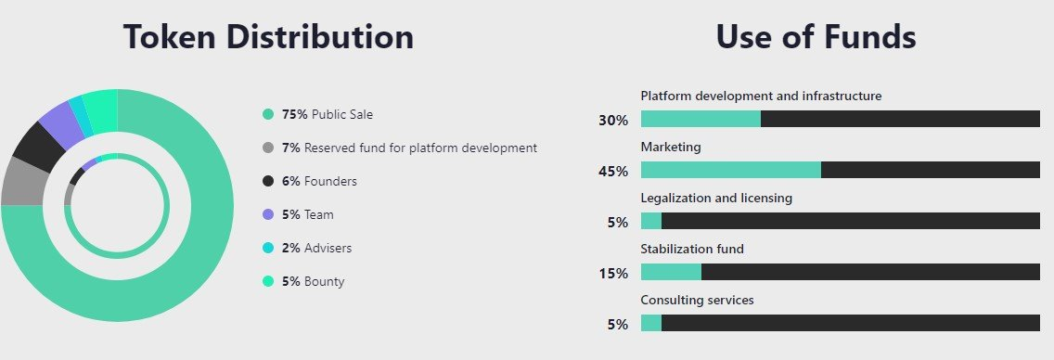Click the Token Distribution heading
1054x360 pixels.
coord(268,36)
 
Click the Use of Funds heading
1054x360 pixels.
coord(816,36)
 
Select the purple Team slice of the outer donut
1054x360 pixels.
coord(63,119)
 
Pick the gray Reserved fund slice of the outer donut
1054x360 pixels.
coord(23,181)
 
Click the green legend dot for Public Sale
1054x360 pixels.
coord(268,114)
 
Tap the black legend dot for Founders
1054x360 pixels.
coord(268,181)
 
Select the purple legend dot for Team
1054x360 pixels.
coord(268,214)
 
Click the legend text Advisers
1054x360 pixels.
coord(328,248)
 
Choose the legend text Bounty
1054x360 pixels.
coord(324,281)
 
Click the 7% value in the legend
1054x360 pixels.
coord(291,148)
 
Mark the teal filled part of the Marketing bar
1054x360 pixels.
coord(731,170)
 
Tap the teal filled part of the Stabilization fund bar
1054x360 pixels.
coord(671,272)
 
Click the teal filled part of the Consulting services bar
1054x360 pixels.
coord(650,323)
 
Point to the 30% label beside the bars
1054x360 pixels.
coord(613,121)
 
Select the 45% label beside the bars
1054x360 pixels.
coord(613,172)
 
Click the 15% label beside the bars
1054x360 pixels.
coord(613,274)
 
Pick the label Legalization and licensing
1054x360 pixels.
coord(716,199)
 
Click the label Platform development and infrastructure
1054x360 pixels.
coord(761,96)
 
